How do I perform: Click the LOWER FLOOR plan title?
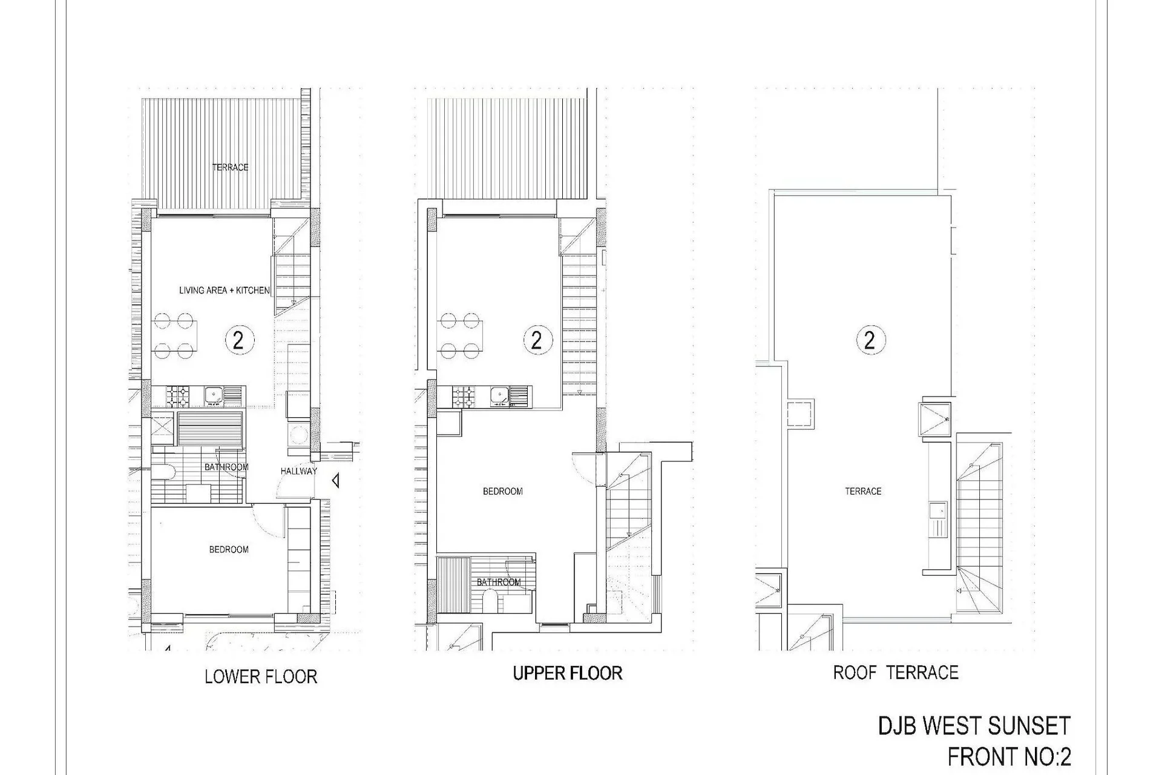261,676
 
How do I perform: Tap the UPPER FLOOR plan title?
568,673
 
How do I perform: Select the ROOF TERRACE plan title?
896,673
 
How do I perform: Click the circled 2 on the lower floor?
238,340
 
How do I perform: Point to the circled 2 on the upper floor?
537,340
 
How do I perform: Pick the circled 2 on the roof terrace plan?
870,340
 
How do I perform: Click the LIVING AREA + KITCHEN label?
224,291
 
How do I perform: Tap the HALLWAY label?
299,471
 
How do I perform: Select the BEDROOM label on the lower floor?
229,550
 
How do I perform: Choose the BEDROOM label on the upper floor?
503,492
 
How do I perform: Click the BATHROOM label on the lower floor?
226,467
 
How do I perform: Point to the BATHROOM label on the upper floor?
499,582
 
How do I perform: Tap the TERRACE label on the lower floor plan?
231,167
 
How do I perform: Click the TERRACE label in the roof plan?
864,492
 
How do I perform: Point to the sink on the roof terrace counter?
939,519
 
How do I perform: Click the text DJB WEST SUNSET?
974,726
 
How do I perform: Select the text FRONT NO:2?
1009,757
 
